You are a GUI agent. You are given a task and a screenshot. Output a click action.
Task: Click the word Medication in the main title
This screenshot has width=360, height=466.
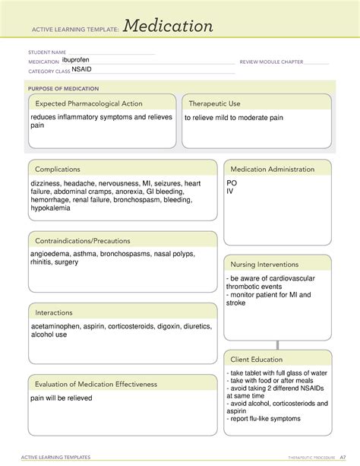(x=169, y=27)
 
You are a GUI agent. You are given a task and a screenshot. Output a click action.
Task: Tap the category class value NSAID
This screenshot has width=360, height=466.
(x=81, y=69)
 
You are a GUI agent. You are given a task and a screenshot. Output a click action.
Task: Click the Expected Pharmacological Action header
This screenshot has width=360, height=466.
(x=86, y=103)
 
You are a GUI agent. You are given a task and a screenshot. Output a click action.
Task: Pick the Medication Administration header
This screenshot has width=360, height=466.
(x=272, y=169)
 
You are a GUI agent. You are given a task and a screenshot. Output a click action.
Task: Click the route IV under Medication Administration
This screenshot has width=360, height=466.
(x=230, y=192)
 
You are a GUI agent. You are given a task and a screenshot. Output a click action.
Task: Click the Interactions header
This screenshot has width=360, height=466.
(x=53, y=312)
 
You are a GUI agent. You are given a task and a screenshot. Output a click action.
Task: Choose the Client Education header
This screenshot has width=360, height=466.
(x=257, y=359)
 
